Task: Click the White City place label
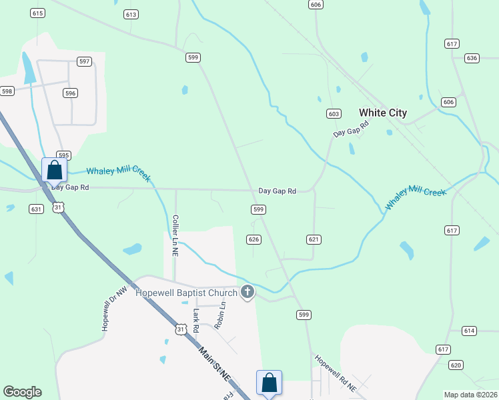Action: click(382, 113)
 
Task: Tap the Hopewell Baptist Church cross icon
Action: click(247, 291)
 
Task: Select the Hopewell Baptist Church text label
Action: click(186, 293)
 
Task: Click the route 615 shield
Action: click(37, 13)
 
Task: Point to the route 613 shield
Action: click(131, 14)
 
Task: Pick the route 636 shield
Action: click(472, 58)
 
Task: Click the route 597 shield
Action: click(84, 61)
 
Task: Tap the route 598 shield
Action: click(7, 91)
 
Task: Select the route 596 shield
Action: click(70, 93)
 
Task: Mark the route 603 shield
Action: click(334, 114)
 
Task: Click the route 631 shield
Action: click(36, 209)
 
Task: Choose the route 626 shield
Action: click(254, 239)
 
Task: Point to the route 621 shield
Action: click(314, 239)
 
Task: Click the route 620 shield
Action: click(456, 365)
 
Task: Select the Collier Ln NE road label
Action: click(175, 235)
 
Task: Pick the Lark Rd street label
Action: click(196, 320)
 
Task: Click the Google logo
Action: click(22, 392)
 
